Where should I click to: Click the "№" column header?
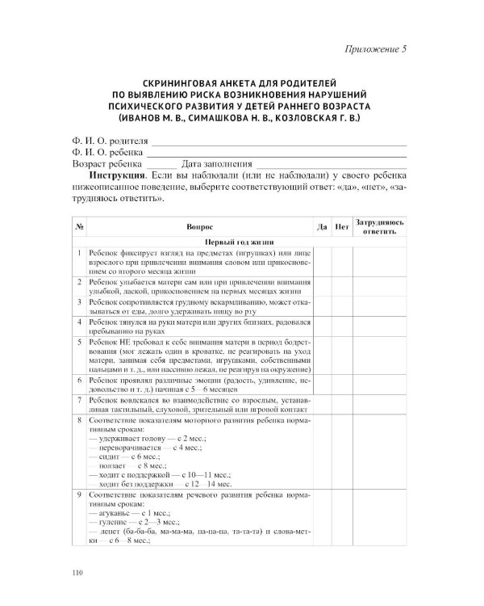click(80, 227)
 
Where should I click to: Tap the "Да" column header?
click(322, 227)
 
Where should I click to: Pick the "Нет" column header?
click(342, 227)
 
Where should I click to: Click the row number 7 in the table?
click(80, 400)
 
